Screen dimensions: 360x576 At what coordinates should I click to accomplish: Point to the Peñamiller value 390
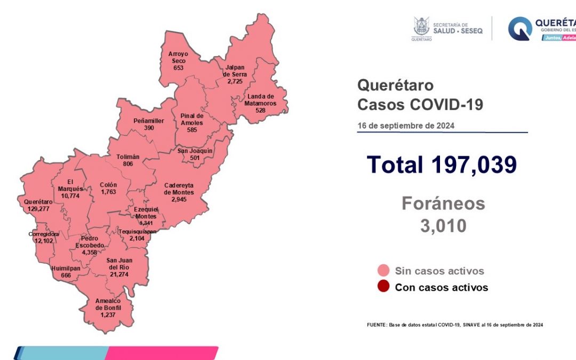coord(149,128)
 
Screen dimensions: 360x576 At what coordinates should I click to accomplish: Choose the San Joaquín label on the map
coord(195,150)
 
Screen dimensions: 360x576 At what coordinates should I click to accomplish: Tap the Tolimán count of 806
coord(128,164)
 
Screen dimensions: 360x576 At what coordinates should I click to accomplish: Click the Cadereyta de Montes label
coord(179,189)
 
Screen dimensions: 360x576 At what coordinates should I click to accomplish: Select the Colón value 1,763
coord(108,192)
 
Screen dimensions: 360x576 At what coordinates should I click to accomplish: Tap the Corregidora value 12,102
coord(44,241)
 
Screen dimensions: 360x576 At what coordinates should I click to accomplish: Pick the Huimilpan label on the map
coord(66,268)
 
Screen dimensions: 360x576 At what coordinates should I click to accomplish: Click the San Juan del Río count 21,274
coord(119,274)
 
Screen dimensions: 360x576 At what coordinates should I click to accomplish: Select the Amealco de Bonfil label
coord(108,304)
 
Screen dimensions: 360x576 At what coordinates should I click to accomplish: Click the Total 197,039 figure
coord(442,164)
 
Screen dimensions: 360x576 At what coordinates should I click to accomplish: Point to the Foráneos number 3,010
coord(443,226)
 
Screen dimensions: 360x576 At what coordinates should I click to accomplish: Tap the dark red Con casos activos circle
coord(383,287)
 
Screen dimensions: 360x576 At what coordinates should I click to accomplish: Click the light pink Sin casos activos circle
coord(383,270)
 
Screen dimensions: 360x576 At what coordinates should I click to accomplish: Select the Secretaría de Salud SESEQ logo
coord(447,28)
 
